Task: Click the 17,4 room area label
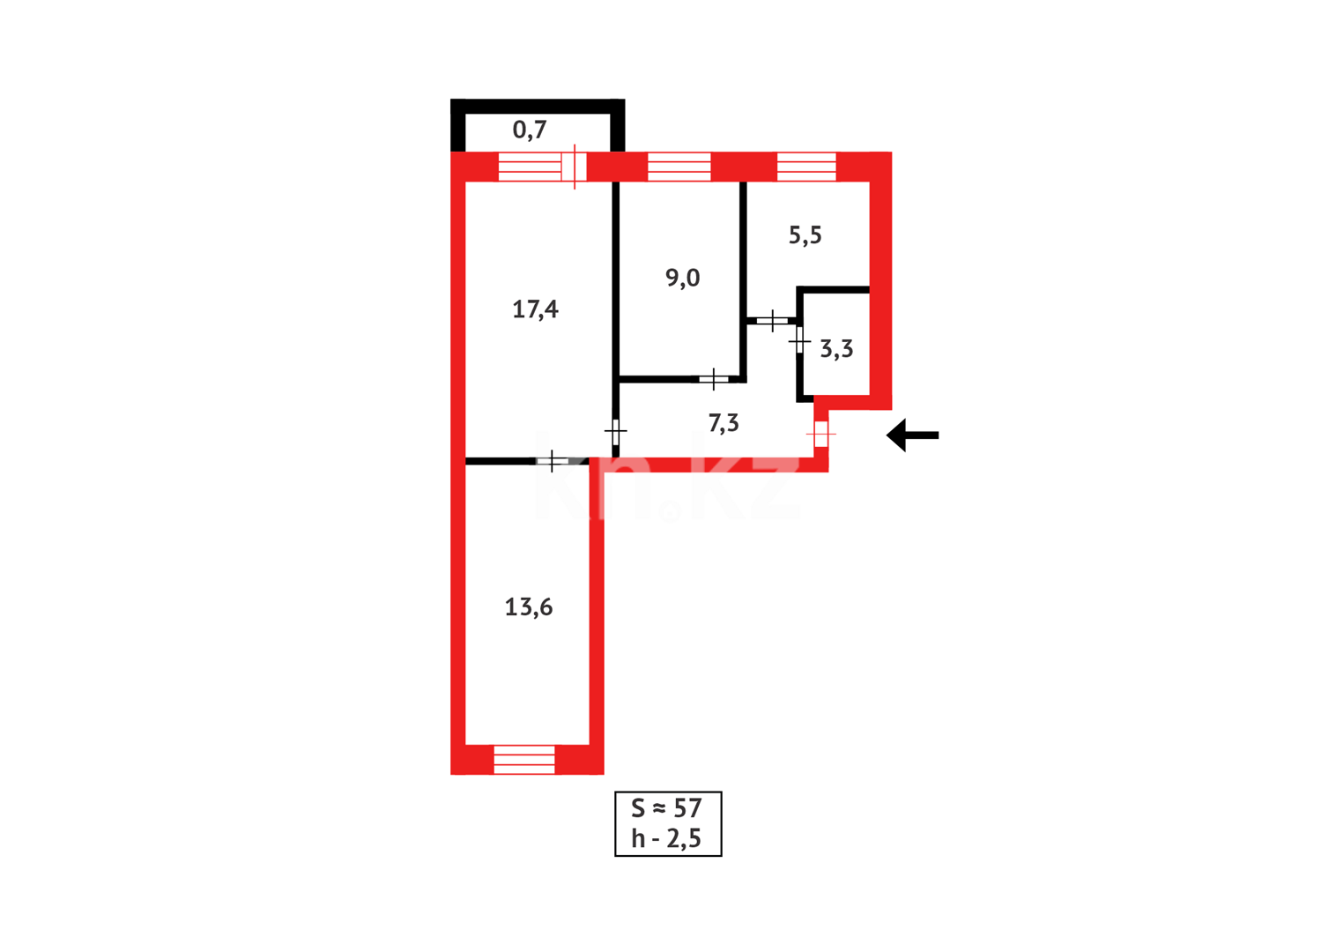[x=535, y=309]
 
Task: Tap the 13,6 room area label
[x=528, y=607]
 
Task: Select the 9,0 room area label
[x=682, y=279]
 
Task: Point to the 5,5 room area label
[x=805, y=235]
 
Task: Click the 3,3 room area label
[x=836, y=349]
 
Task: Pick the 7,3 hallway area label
[x=724, y=424]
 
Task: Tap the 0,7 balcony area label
[x=530, y=130]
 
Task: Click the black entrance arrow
[x=912, y=435]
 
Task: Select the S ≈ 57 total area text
[x=667, y=808]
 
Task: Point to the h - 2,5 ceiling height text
[x=667, y=839]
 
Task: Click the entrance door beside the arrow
[x=821, y=434]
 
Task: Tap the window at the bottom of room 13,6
[x=524, y=759]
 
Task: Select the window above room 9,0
[x=679, y=167]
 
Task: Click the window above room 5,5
[x=806, y=167]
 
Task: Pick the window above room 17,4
[x=530, y=167]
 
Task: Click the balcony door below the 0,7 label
[x=574, y=167]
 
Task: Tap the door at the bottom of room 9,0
[x=713, y=380]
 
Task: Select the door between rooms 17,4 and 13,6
[x=552, y=461]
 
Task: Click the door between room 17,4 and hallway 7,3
[x=615, y=432]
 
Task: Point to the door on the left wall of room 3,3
[x=799, y=340]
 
